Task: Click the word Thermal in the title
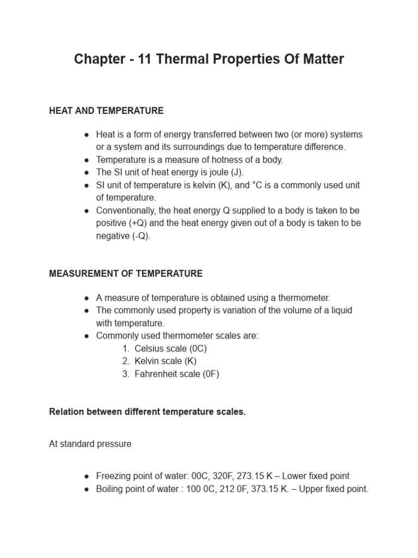pos(184,59)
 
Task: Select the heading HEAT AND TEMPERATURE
pos(106,111)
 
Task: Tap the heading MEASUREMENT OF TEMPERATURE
pos(126,274)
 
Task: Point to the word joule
pos(214,172)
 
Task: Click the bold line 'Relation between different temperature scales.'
pos(147,412)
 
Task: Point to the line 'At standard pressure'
pos(90,444)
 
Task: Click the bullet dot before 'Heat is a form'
pos(87,135)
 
